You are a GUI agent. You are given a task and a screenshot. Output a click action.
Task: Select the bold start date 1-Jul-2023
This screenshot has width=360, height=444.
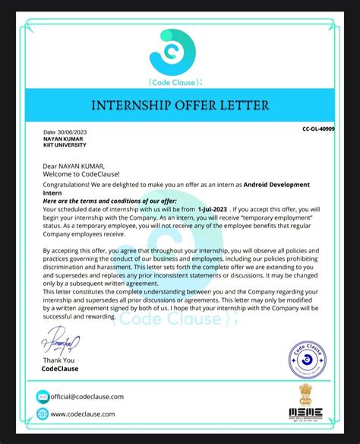(x=213, y=208)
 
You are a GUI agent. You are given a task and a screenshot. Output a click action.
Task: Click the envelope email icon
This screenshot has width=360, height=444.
(x=43, y=397)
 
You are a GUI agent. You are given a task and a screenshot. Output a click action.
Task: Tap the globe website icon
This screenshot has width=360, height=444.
(x=43, y=414)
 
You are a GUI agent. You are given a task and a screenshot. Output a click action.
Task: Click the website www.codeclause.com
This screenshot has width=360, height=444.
(x=83, y=414)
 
